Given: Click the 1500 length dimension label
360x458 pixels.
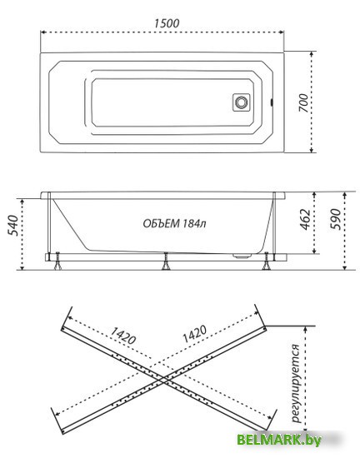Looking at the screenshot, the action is tap(167, 23).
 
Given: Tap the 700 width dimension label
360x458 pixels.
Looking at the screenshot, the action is tap(303, 103).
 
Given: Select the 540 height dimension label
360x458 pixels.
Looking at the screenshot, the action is tap(13, 226).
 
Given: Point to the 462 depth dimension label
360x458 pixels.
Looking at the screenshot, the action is tap(306, 219).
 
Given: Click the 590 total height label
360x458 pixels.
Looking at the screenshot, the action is tap(336, 219).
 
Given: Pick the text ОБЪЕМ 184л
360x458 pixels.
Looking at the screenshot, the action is tap(174, 224).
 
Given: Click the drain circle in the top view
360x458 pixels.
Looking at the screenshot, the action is tap(242, 102).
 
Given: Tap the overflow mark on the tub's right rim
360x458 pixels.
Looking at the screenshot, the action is tap(272, 102).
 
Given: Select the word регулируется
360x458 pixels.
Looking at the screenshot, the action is tap(297, 383).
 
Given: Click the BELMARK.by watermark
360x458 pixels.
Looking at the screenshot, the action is tap(279, 440).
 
